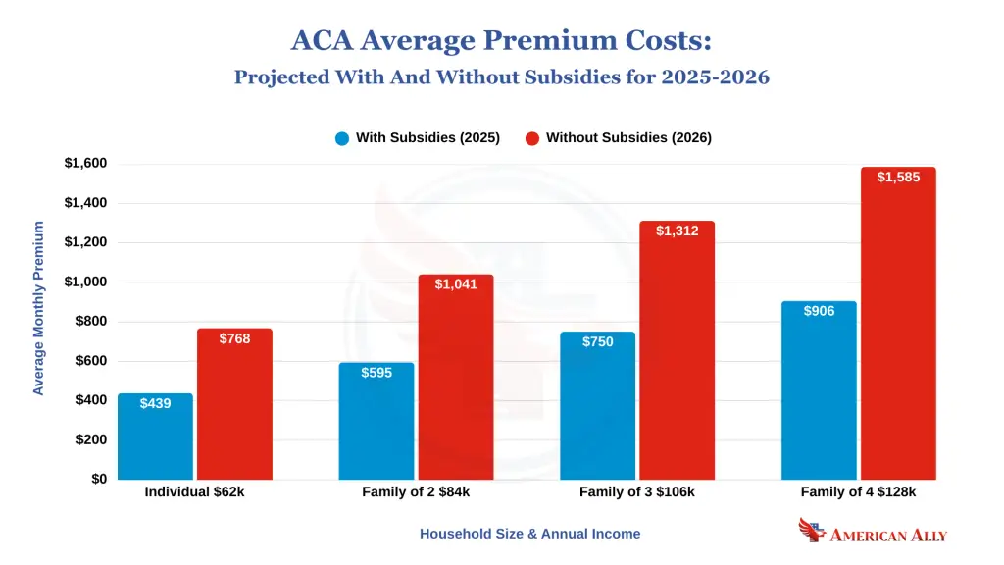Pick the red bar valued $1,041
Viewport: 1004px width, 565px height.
point(456,378)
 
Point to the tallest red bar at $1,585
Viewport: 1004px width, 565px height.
point(898,324)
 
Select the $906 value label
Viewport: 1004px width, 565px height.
point(819,312)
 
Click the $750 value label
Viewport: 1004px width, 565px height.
point(597,342)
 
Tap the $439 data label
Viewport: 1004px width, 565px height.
point(155,403)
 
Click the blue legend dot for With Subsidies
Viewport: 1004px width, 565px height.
point(342,138)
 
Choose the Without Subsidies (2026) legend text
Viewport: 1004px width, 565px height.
point(628,138)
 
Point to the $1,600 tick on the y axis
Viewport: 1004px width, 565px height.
point(85,164)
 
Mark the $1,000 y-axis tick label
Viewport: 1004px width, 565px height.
point(85,282)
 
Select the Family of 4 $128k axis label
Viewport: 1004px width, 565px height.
point(859,492)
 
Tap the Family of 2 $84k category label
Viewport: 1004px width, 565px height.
point(417,492)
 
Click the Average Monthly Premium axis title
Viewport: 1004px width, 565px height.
point(39,308)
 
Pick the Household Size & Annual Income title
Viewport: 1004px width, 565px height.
point(529,534)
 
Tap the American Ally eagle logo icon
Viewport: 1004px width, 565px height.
point(812,531)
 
